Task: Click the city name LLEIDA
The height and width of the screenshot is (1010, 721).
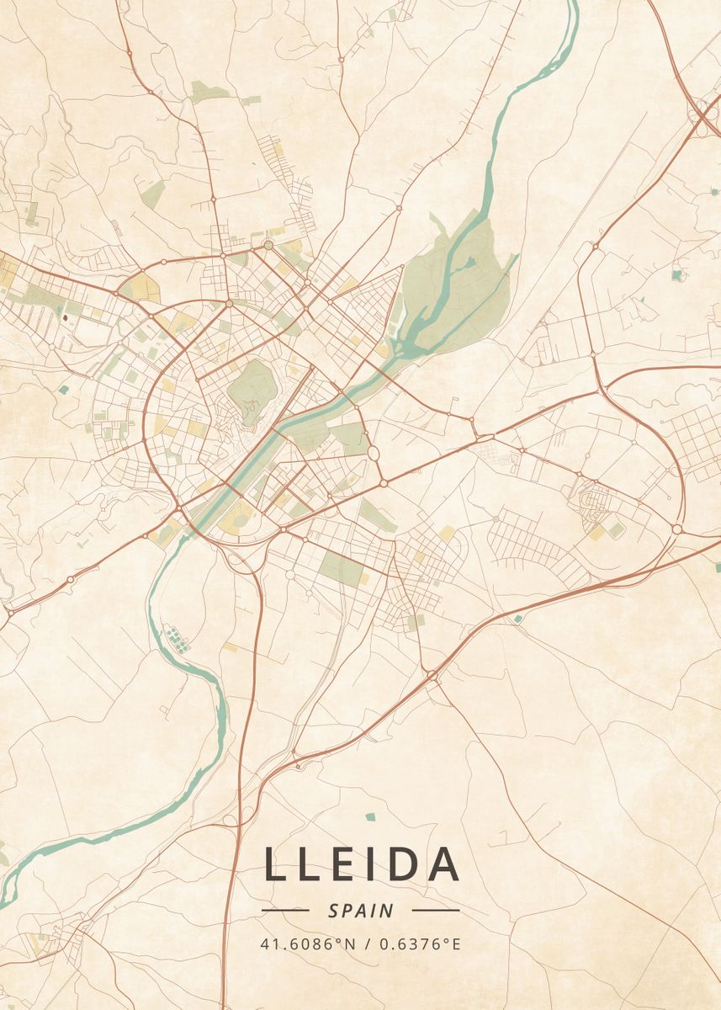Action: tap(362, 864)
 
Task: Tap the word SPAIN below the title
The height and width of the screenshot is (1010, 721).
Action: tap(361, 911)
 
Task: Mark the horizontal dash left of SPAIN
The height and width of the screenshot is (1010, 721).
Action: tap(285, 911)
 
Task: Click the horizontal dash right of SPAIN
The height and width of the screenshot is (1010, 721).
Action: tap(436, 911)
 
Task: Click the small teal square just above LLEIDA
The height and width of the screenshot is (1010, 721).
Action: tap(370, 816)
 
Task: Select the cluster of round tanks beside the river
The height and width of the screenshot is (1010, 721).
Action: tap(176, 638)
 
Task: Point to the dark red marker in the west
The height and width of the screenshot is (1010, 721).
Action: tap(65, 318)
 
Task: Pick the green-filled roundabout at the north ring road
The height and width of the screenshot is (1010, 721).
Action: tap(268, 245)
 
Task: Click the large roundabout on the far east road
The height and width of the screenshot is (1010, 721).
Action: tap(676, 529)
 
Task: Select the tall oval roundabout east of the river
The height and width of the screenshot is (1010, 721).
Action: tap(373, 454)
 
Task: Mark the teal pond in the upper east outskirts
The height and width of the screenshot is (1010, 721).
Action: tap(678, 274)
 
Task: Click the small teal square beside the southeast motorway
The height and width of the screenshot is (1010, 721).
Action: tap(517, 619)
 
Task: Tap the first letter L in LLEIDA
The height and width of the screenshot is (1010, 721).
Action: tap(274, 864)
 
